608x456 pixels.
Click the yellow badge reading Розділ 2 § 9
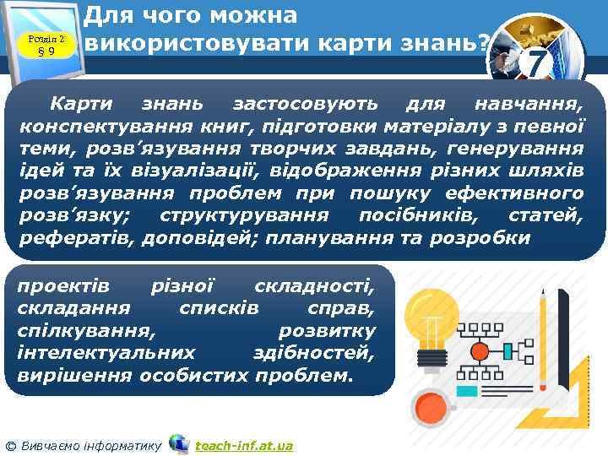tap(47, 41)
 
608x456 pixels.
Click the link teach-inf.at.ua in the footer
tap(243, 445)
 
